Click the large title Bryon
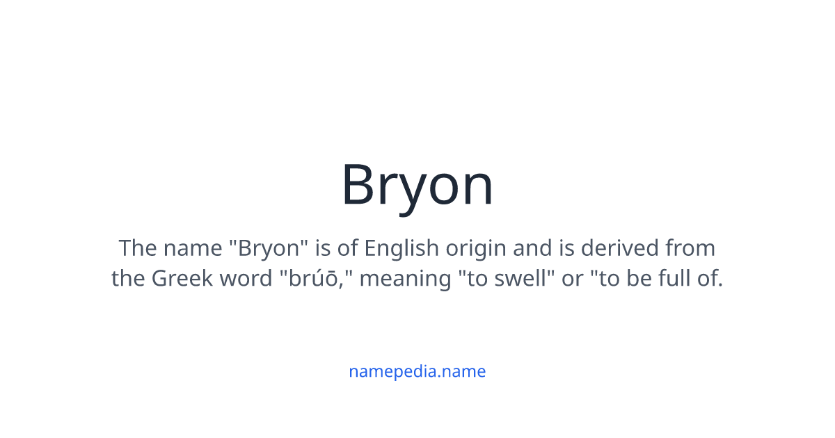coord(417,186)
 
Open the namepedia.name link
coord(417,371)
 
